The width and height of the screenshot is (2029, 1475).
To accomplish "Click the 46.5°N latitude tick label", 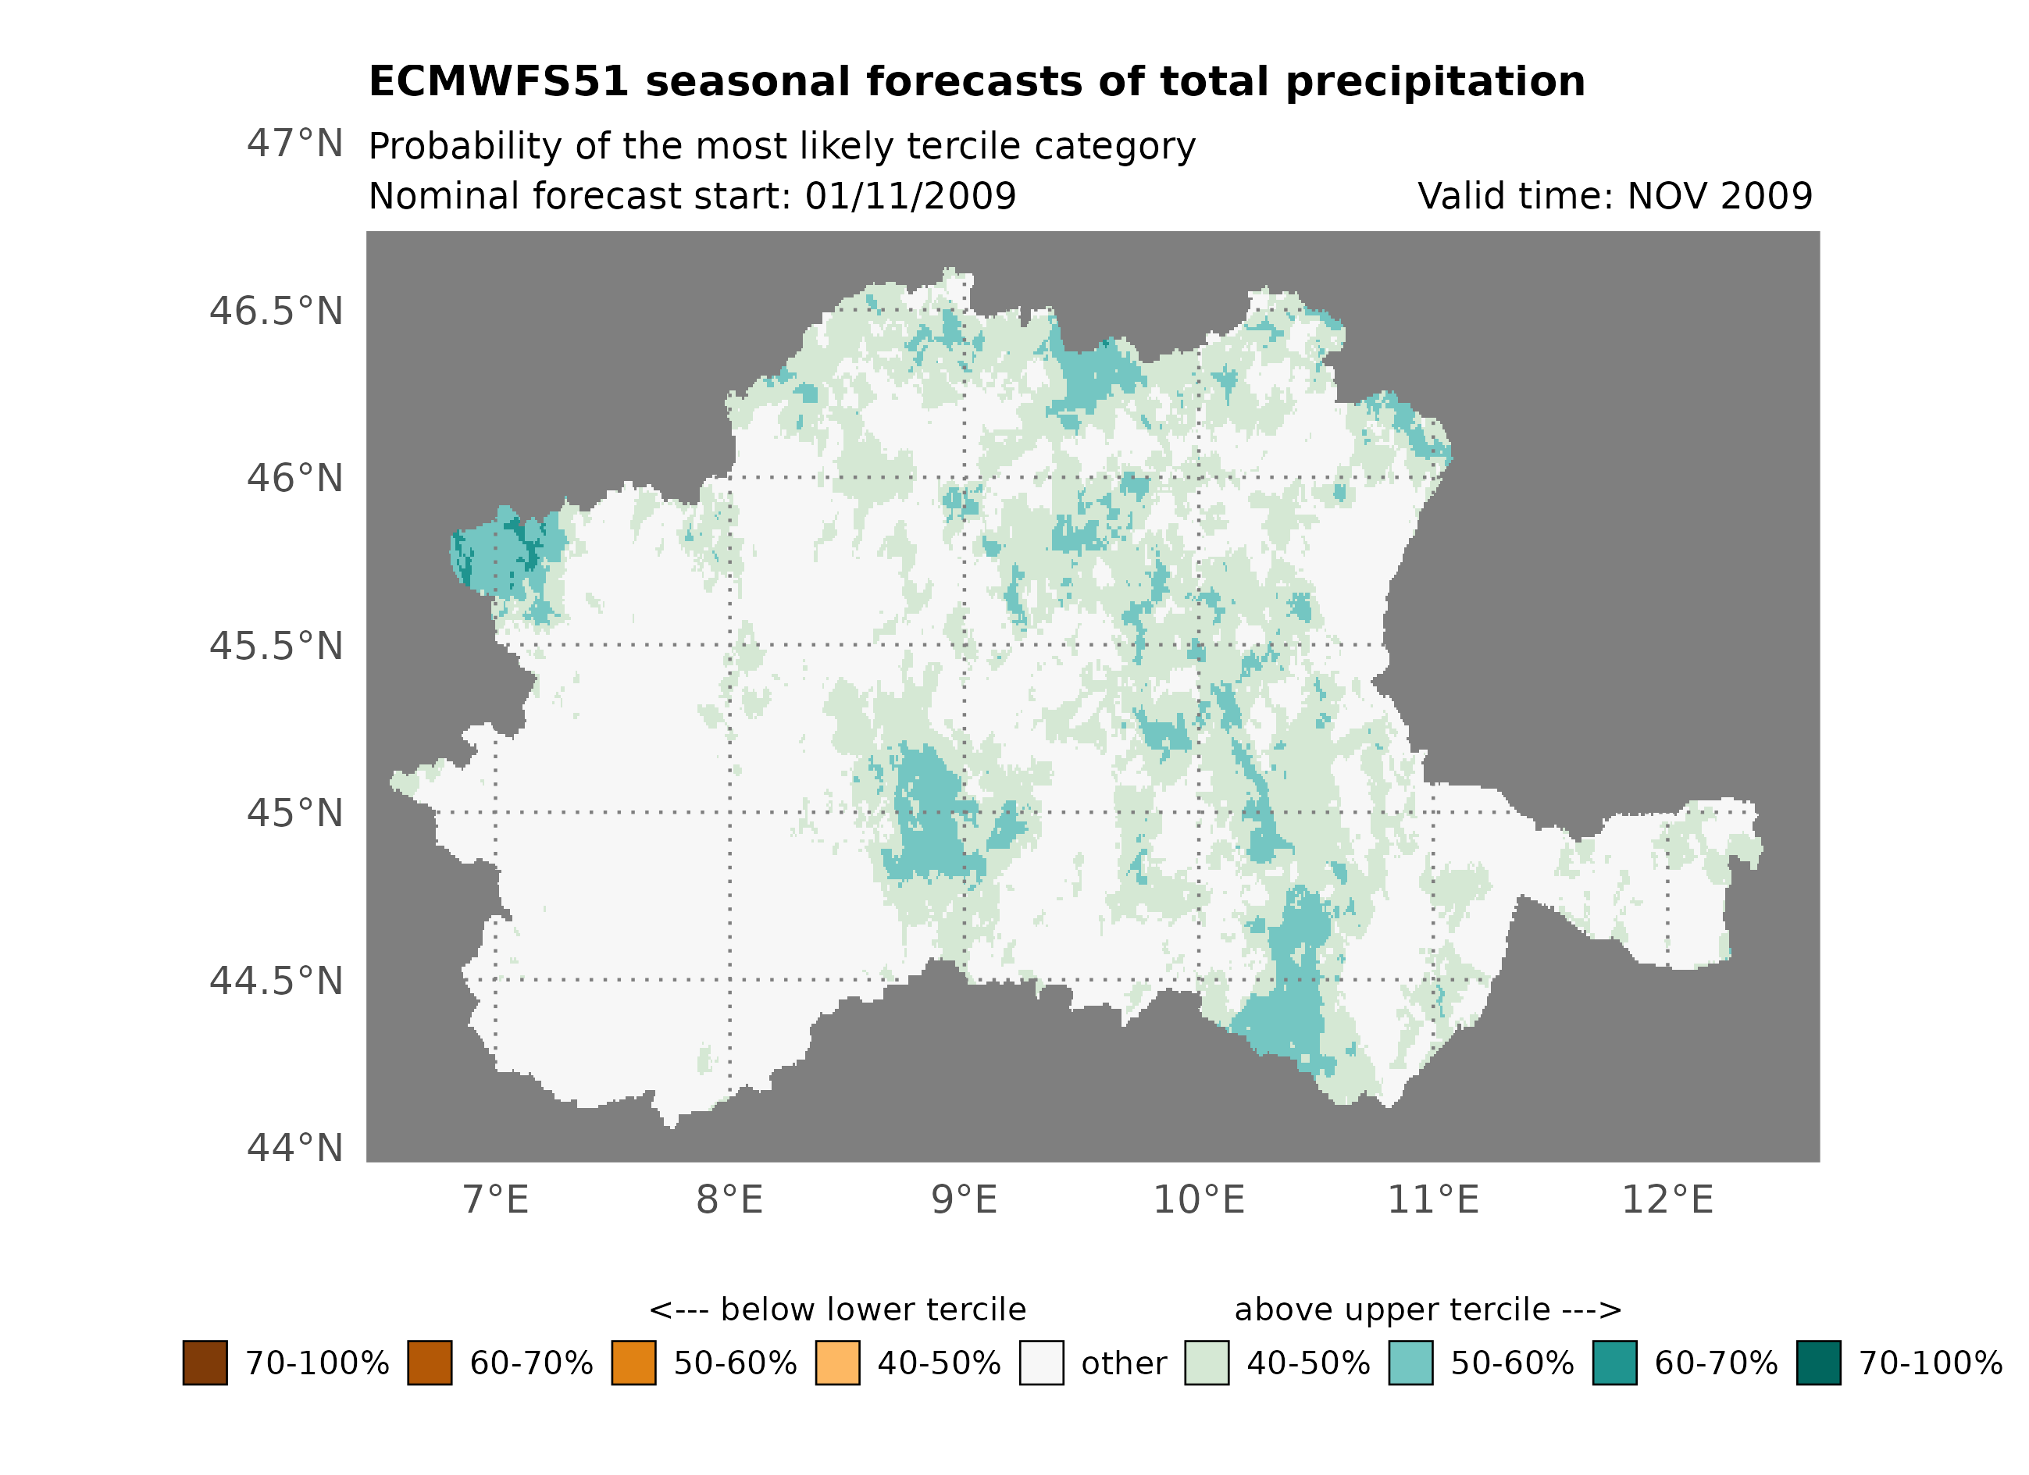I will click(276, 312).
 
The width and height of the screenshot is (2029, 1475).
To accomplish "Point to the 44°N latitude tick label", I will click(294, 1148).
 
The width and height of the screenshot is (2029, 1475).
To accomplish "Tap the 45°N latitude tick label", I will click(294, 813).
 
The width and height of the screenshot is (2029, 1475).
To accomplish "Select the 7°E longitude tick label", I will click(496, 1200).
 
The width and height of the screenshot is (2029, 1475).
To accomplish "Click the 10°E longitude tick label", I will click(1198, 1200).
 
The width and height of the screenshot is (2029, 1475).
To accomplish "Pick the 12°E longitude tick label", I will click(1667, 1200).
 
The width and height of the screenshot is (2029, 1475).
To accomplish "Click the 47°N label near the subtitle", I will click(294, 144).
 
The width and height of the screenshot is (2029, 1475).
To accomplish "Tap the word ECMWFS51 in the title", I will click(498, 82).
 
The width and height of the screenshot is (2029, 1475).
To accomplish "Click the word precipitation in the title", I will click(1435, 82).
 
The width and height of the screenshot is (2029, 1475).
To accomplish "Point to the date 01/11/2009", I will click(910, 196).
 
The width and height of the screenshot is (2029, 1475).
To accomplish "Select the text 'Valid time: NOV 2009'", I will click(1615, 196).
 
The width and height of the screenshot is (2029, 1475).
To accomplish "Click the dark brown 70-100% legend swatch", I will click(205, 1363).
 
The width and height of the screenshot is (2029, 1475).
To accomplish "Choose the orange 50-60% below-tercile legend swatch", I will click(633, 1363).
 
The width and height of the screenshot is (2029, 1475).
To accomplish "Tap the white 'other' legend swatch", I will click(1041, 1363).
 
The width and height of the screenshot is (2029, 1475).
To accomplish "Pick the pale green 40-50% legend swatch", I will click(1206, 1363).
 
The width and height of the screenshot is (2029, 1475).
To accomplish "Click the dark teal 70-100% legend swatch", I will click(1819, 1363).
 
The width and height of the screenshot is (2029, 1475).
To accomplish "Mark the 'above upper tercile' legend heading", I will click(1427, 1310).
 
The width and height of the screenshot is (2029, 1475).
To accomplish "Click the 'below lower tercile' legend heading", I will click(837, 1310).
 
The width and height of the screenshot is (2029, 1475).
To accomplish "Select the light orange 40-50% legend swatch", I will click(837, 1363).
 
